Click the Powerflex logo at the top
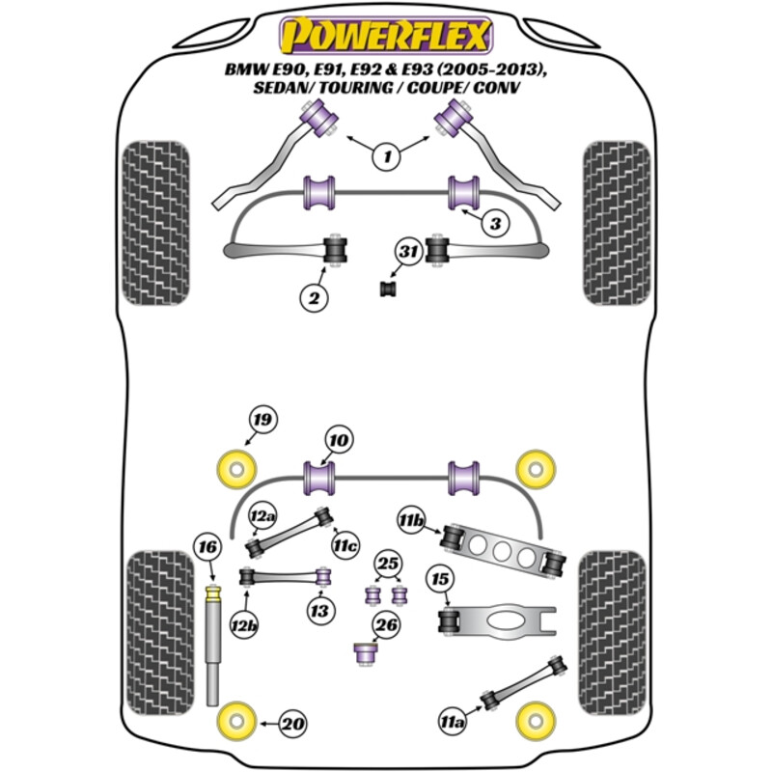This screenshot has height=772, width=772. (x=386, y=37)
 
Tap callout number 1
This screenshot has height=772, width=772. (x=386, y=155)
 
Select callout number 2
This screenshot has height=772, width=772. (x=314, y=299)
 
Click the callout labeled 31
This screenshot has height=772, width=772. (x=409, y=254)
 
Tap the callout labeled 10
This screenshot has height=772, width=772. (x=337, y=441)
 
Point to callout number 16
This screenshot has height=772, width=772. (x=207, y=546)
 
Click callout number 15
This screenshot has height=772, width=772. (x=440, y=581)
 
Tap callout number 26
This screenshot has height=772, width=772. (x=386, y=626)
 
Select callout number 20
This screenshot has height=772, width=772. (x=293, y=722)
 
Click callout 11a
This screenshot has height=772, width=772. (x=452, y=719)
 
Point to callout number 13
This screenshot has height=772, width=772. (x=318, y=610)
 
